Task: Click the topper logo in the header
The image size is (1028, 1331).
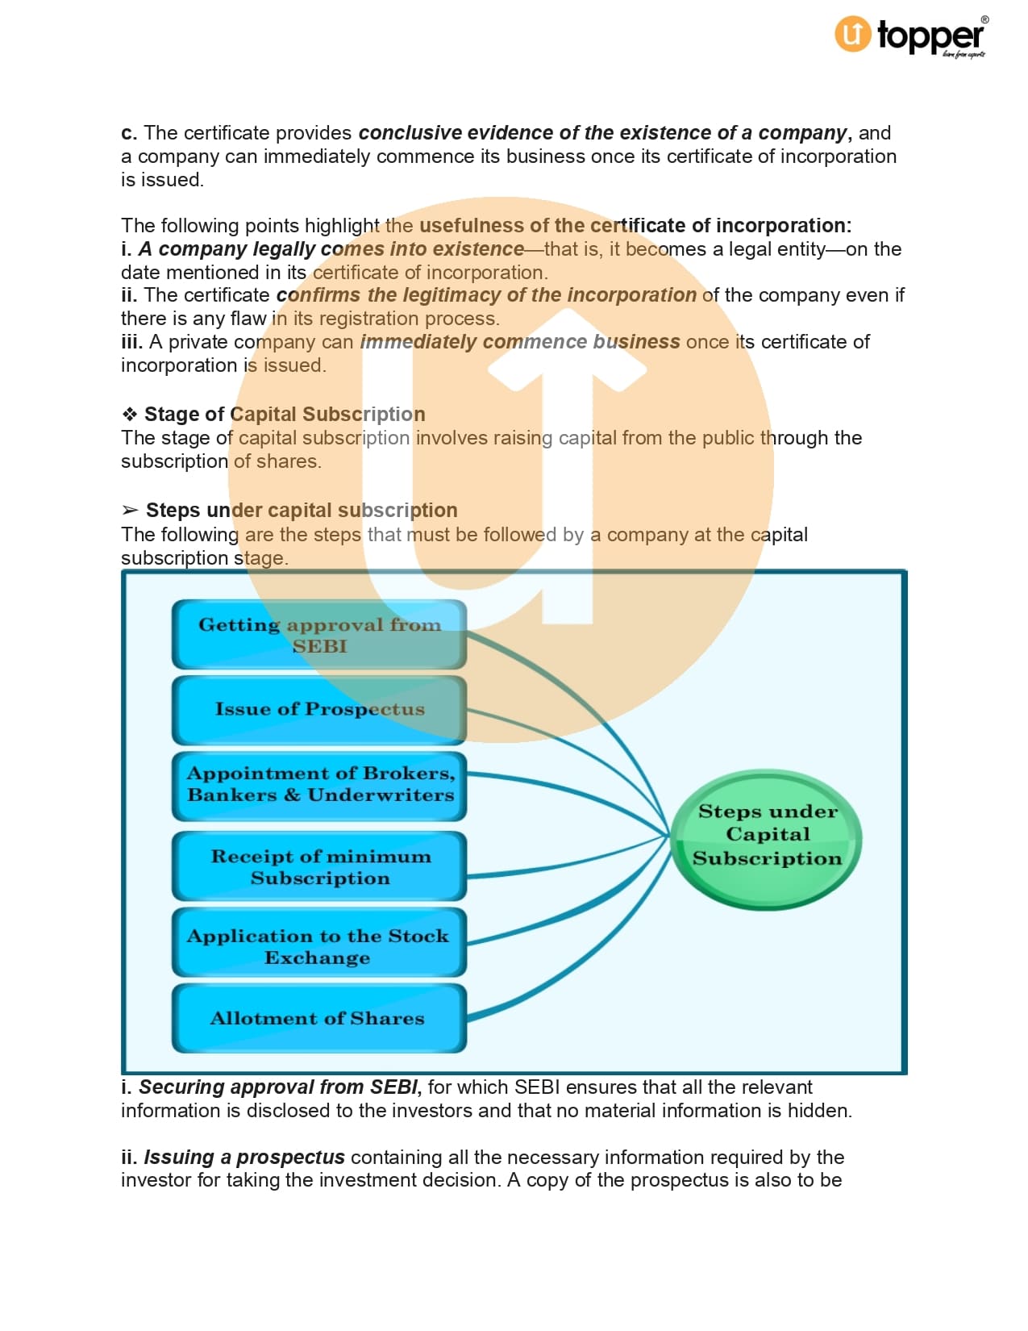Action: [x=911, y=36]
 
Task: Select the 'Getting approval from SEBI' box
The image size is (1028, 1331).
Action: [x=319, y=635]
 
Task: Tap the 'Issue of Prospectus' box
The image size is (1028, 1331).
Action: [x=319, y=710]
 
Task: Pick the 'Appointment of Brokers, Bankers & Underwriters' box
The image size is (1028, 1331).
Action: [x=319, y=785]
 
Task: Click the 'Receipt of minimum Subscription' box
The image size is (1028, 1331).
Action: [x=319, y=867]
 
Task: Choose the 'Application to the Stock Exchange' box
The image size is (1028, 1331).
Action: [x=319, y=946]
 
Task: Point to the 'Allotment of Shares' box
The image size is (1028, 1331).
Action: [x=319, y=1018]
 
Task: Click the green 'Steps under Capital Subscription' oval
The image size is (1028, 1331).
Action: [x=767, y=836]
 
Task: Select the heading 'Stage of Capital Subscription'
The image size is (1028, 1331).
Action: [x=285, y=414]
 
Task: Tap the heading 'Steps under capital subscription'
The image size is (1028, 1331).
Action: [x=302, y=511]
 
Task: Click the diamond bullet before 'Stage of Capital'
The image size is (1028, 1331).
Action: [x=130, y=415]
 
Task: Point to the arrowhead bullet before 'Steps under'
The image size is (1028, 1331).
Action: [x=130, y=511]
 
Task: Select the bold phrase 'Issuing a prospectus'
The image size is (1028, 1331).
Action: [x=244, y=1158]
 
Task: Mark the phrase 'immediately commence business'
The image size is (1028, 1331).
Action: [x=520, y=342]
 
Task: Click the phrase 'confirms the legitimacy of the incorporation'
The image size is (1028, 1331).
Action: [x=486, y=295]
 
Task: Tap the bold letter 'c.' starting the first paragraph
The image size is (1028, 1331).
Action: [x=129, y=133]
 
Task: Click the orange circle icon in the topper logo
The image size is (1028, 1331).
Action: [x=853, y=35]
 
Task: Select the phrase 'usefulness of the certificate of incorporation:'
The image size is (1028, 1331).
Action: [x=635, y=226]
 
